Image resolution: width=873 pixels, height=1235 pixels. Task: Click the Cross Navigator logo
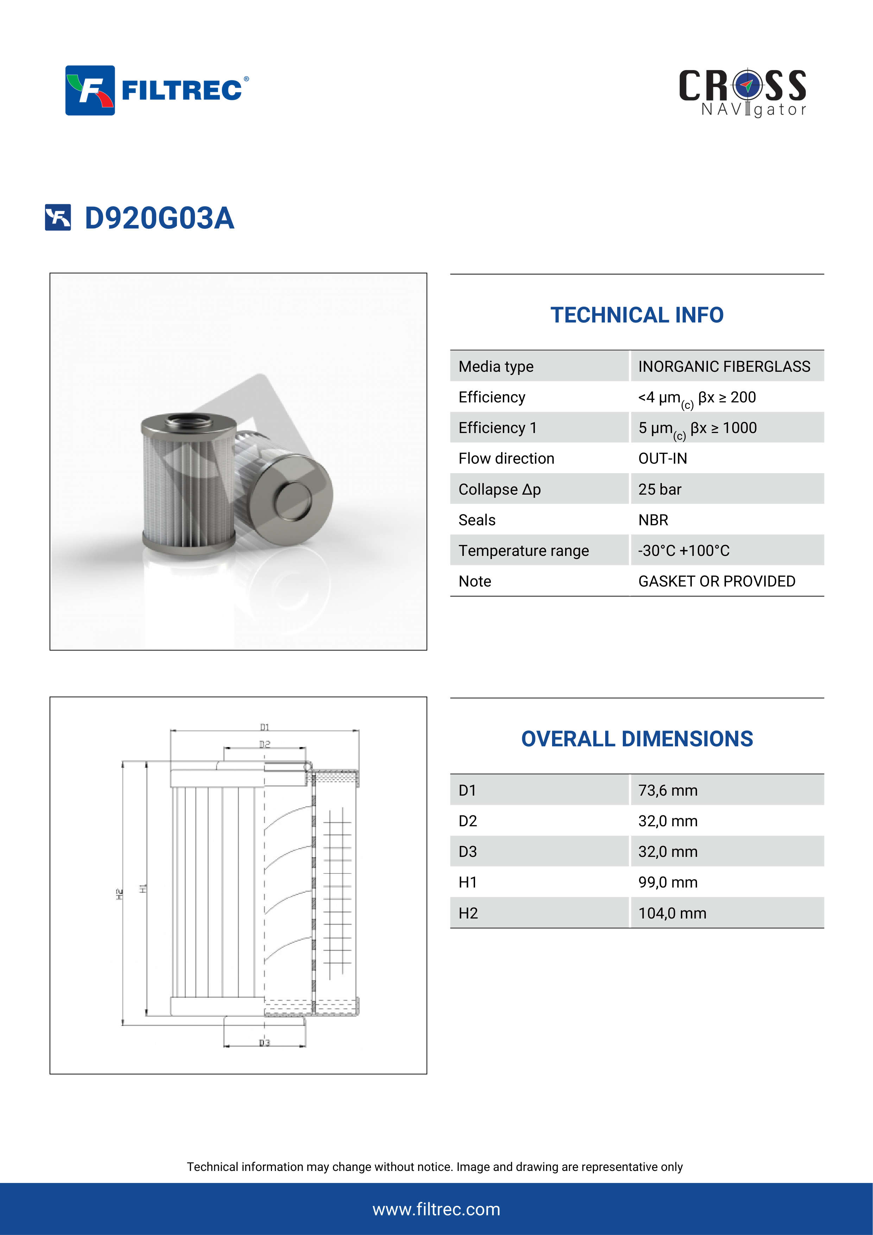[x=742, y=93]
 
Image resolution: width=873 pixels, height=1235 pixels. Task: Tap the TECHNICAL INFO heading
[x=637, y=315]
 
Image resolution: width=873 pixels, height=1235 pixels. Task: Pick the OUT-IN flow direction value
[x=662, y=459]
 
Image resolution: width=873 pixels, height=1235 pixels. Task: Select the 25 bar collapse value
[x=659, y=489]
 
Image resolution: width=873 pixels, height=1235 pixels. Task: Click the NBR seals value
[x=653, y=520]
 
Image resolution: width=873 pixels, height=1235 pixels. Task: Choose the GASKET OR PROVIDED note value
[x=716, y=582]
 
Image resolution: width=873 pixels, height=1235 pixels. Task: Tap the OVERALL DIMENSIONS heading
[x=637, y=739]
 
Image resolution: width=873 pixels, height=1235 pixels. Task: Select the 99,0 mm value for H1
[x=668, y=883]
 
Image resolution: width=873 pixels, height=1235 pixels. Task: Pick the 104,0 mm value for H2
[x=672, y=913]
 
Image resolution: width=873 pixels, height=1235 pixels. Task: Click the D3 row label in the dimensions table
[x=467, y=852]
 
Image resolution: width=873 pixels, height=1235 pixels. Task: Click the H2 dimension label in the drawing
[x=119, y=894]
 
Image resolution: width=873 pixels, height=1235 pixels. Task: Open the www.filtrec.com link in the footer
[x=436, y=1209]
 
